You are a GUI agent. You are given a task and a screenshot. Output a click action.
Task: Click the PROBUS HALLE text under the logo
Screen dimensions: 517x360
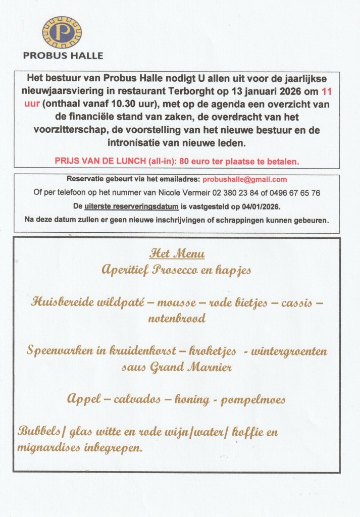(63, 56)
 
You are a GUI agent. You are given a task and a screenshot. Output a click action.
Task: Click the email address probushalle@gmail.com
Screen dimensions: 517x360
(244, 179)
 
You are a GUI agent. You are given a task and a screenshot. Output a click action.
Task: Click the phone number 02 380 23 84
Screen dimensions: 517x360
(251, 193)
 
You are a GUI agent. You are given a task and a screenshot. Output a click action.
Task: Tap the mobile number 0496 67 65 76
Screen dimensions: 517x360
(301, 193)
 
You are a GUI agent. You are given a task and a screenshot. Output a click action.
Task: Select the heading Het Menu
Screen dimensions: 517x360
(177, 254)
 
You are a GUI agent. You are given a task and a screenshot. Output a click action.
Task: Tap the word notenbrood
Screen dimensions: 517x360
(177, 319)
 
